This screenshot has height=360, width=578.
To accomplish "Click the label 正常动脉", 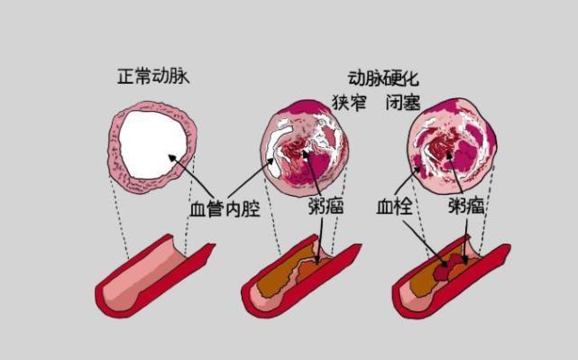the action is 154,77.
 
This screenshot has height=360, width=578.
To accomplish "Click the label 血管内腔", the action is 224,209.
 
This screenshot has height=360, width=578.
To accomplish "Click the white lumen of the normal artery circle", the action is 153,145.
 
